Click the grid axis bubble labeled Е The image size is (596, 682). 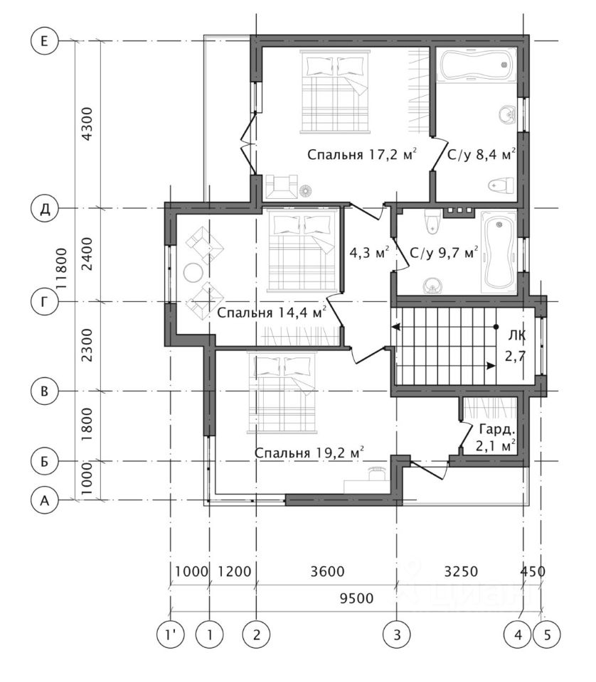point(44,41)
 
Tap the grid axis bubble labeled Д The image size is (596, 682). point(44,209)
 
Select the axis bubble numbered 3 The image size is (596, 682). point(397,634)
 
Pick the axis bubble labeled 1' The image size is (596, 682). point(170,634)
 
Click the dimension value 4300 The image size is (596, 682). point(87,124)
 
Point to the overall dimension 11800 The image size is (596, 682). point(63,270)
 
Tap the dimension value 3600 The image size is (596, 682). point(327,571)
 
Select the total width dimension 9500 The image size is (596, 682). point(356,598)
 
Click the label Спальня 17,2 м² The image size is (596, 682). point(362,154)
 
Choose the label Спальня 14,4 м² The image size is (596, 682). point(272,312)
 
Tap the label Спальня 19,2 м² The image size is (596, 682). point(309,452)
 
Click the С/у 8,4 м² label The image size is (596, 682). point(481,154)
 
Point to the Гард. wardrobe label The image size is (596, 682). point(497,430)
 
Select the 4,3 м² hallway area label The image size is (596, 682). point(369,251)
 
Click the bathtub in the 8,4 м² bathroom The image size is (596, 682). point(477,65)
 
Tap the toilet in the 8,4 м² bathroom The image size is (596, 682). point(501,185)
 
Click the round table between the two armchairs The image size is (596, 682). point(193,273)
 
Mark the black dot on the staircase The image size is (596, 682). point(496,327)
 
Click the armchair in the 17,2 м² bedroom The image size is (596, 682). point(281,187)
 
